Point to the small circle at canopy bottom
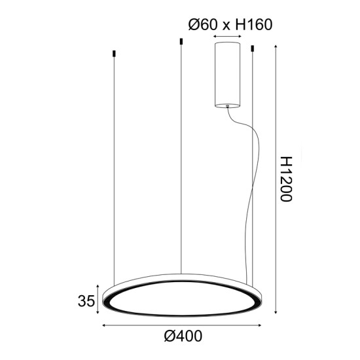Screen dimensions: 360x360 point(228,104)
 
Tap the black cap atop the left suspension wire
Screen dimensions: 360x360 point(114,52)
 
